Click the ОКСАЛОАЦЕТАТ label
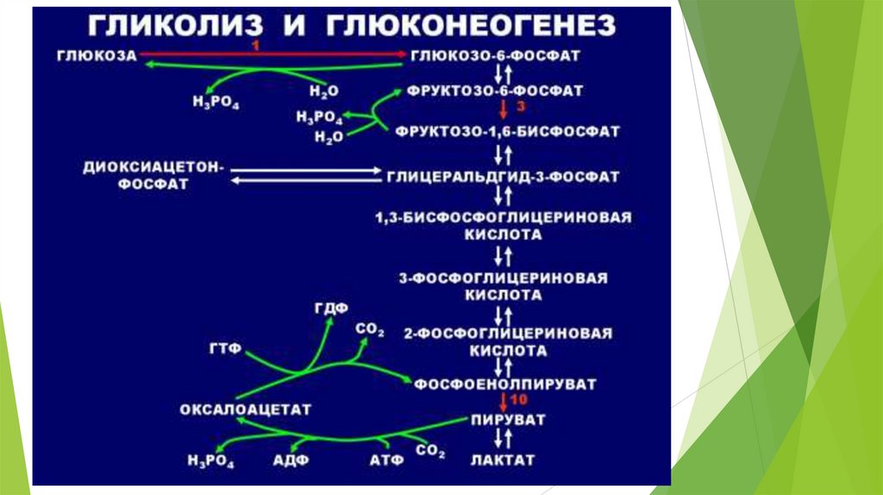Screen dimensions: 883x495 [x=245, y=408]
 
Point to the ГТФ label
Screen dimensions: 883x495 [x=223, y=348]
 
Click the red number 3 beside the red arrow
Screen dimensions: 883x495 [x=520, y=107]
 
